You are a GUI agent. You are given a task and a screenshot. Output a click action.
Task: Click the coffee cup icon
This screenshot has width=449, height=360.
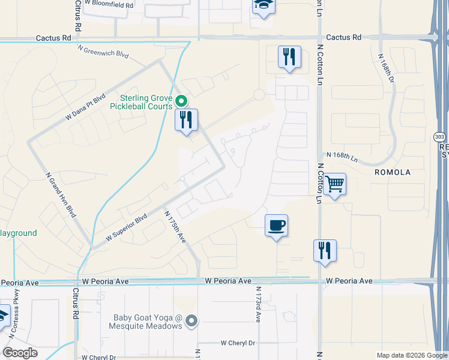[x=276, y=226]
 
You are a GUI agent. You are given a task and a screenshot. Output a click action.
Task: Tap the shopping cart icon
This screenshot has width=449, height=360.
[x=335, y=184]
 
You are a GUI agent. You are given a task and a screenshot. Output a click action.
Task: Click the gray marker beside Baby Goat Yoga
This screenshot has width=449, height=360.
[x=191, y=322]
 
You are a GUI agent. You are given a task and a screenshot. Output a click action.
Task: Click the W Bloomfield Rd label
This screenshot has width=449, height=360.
[x=109, y=3]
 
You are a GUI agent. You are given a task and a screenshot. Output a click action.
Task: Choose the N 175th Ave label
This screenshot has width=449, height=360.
[x=175, y=225]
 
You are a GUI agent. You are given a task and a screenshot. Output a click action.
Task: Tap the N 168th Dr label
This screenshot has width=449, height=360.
[x=387, y=67]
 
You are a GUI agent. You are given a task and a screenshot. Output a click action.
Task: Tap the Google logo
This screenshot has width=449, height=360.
[x=20, y=353]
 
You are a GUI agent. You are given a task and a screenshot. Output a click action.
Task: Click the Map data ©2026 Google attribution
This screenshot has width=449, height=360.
[x=411, y=355]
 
